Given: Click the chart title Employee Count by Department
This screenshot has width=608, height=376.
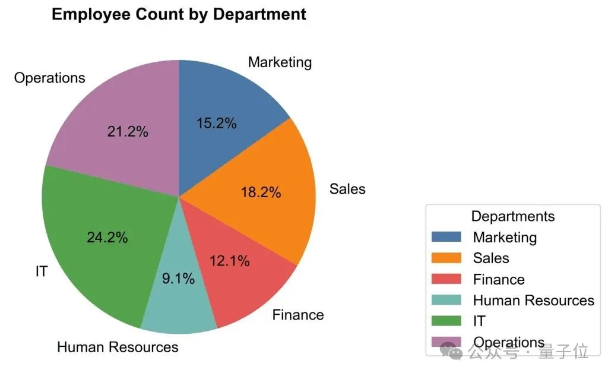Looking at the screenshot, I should [x=179, y=14].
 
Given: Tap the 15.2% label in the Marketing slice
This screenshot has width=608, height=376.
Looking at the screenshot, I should [x=216, y=124].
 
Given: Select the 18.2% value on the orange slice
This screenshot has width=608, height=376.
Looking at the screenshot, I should [x=261, y=192].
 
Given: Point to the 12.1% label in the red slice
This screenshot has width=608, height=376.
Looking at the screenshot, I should [x=230, y=261].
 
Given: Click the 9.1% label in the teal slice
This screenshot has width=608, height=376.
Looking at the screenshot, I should [x=178, y=279].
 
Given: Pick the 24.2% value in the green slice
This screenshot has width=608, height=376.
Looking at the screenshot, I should [x=107, y=238].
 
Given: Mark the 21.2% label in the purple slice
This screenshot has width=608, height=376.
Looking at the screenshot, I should [x=128, y=132].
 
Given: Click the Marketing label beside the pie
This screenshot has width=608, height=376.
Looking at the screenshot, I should [x=280, y=62].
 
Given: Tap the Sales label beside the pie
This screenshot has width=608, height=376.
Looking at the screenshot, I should [x=347, y=189].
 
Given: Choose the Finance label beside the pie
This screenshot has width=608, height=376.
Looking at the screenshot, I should [x=298, y=315].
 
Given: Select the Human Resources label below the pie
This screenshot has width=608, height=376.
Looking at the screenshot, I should [x=118, y=347].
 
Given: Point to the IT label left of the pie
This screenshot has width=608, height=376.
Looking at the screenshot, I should [x=41, y=272].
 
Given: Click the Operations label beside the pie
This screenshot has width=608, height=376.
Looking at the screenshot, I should [x=50, y=78].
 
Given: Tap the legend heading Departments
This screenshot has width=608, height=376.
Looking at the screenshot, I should [x=513, y=216].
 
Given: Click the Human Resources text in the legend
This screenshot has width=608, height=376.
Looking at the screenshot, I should [x=533, y=301].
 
